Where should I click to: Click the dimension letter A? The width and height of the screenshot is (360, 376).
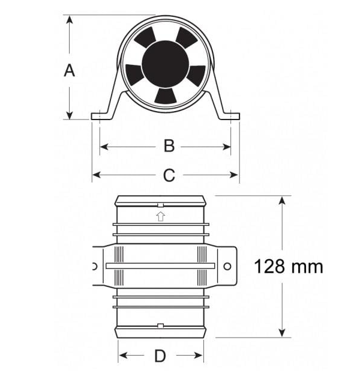[x=70, y=70]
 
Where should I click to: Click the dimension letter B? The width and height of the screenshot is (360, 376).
[x=169, y=146]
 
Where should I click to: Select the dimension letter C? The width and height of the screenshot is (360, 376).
[x=169, y=175]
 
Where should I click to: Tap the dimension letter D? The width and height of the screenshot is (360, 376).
[x=160, y=356]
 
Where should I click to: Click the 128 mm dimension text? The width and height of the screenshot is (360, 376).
[x=289, y=267]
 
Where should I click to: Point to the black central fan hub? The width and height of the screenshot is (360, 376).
[x=165, y=64]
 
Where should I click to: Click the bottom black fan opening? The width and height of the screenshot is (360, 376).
[x=165, y=96]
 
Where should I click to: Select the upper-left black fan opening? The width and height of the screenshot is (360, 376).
[x=145, y=37]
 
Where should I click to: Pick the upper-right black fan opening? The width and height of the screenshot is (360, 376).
[x=187, y=37]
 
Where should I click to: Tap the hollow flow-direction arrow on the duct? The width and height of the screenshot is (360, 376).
[x=161, y=217]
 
